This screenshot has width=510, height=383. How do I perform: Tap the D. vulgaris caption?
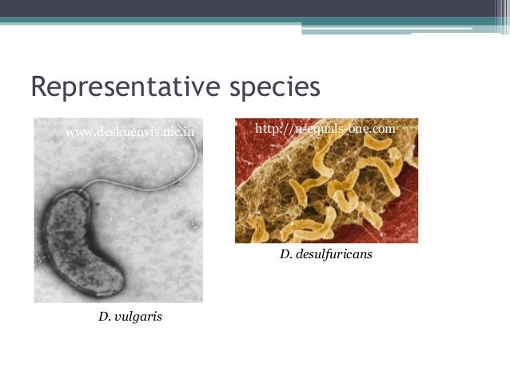click(x=130, y=317)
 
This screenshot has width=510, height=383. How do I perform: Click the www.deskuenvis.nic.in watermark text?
click(x=129, y=130)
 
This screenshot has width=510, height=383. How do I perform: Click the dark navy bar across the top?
click(x=255, y=8)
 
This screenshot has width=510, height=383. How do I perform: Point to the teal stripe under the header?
click(x=255, y=22)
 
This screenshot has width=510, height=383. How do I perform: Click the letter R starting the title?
click(x=38, y=86)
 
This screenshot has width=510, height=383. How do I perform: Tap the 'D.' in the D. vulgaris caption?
click(x=104, y=317)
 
